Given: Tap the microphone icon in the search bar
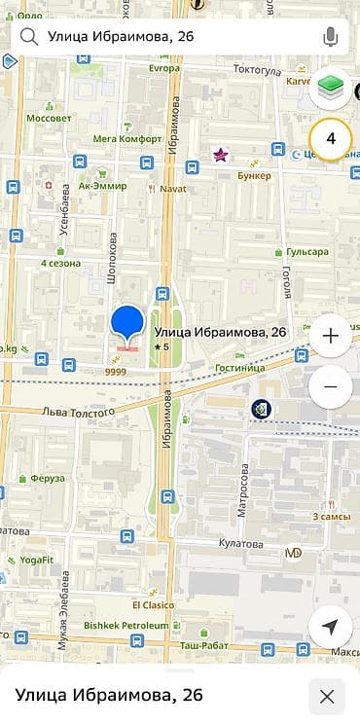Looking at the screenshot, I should (331, 38).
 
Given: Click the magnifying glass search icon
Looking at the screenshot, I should (29, 38).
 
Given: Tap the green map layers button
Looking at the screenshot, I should (330, 91).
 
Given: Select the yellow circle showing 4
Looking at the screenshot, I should (330, 139).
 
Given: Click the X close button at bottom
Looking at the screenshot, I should (327, 696).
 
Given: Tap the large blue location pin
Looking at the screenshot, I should (127, 324).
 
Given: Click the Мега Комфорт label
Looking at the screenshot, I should (126, 138).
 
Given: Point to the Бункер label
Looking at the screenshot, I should (254, 175).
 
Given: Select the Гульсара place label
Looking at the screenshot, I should (306, 252).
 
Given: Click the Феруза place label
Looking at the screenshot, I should (47, 479).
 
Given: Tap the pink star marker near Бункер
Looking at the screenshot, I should (220, 154).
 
